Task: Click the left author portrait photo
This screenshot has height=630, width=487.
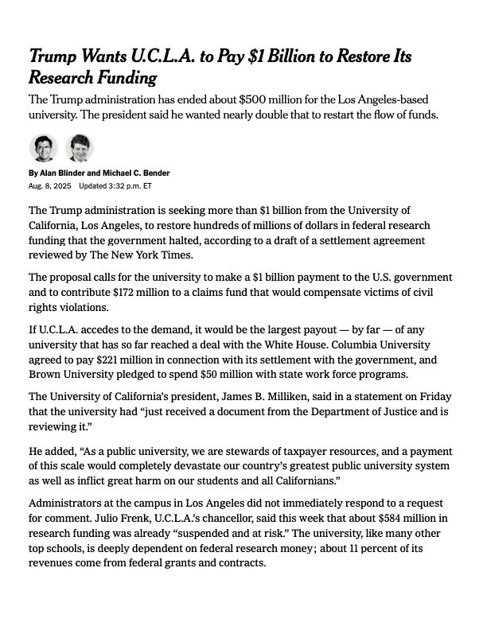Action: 44,148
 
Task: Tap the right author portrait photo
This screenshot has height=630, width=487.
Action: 79,148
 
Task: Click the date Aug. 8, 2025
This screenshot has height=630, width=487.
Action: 49,186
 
